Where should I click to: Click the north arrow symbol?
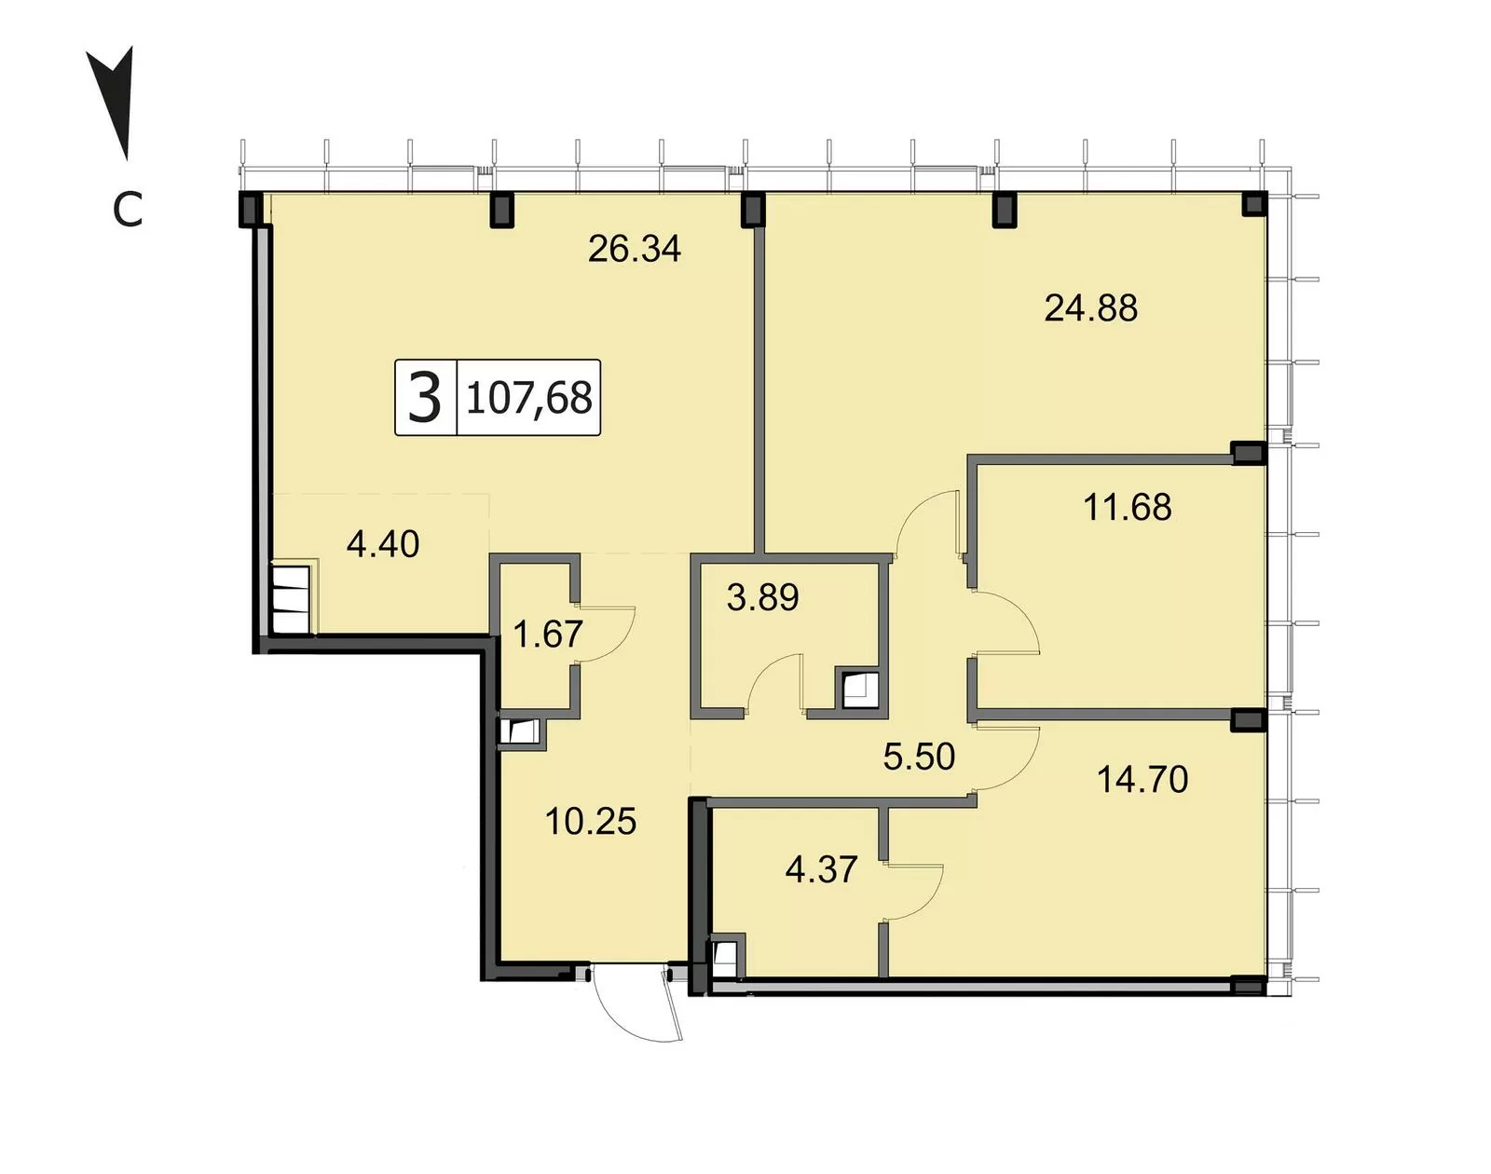click(115, 104)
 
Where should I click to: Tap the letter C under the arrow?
click(128, 210)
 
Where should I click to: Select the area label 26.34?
click(634, 250)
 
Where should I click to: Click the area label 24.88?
click(1090, 308)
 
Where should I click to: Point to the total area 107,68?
click(529, 398)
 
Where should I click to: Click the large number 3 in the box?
click(425, 397)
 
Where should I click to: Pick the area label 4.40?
click(382, 544)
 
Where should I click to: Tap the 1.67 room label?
click(547, 635)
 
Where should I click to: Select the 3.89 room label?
click(762, 597)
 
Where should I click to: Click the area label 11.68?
click(1127, 507)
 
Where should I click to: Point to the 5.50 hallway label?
click(919, 756)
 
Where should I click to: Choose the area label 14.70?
click(1142, 780)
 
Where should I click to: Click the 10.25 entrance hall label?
click(590, 822)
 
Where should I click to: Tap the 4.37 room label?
click(821, 869)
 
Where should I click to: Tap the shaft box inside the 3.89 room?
click(860, 689)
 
